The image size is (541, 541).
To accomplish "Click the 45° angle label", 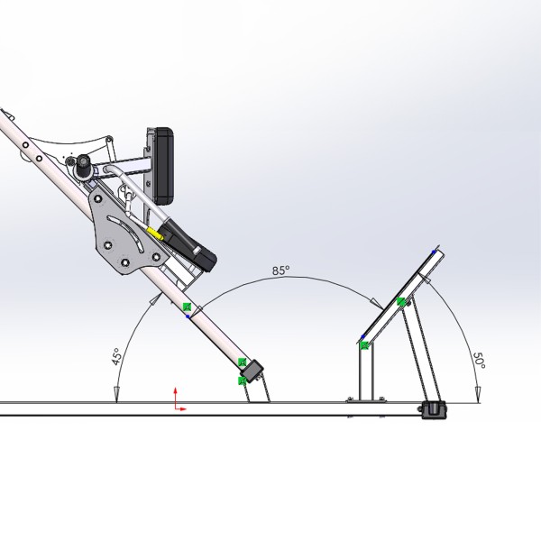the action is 117,356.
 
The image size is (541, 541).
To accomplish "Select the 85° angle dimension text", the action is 280,270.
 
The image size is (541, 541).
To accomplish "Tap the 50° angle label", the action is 480,361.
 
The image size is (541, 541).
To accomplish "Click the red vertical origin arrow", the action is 175,398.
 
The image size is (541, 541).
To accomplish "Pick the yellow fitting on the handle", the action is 154,233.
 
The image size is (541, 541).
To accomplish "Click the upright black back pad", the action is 163,166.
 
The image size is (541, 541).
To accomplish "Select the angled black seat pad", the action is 188,243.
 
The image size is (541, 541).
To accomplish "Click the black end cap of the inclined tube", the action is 252,371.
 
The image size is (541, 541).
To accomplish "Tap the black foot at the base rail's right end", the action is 434,409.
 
